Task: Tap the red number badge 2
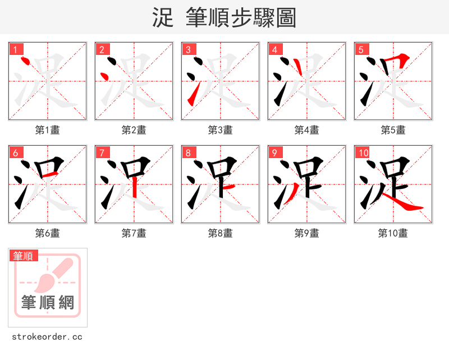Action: click(x=102, y=49)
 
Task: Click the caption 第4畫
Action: click(x=306, y=130)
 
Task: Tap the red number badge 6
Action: click(x=15, y=153)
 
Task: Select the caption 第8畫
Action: click(x=220, y=233)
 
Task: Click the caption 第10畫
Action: click(x=393, y=233)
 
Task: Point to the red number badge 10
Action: click(x=363, y=153)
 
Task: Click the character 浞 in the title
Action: click(x=162, y=17)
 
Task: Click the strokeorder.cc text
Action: click(x=47, y=337)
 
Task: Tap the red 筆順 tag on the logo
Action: click(x=24, y=256)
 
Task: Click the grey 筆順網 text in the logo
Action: click(x=48, y=303)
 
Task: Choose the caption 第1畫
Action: click(x=47, y=130)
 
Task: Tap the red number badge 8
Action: click(x=188, y=153)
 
